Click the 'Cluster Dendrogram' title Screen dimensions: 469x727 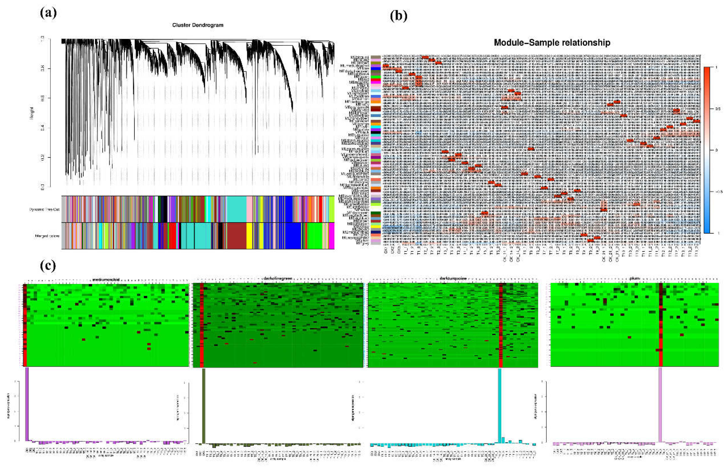point(198,25)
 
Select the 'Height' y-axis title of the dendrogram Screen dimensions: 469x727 point(32,113)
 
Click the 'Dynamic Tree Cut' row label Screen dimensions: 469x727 point(44,209)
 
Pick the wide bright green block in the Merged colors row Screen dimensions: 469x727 point(317,236)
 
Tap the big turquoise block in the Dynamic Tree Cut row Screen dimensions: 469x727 point(236,209)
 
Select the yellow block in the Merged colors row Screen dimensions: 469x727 point(249,236)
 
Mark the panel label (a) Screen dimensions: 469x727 point(48,13)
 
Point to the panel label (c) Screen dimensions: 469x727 point(48,266)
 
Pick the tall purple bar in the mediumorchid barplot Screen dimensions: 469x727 point(27,404)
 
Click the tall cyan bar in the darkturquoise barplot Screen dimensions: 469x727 point(499,407)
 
